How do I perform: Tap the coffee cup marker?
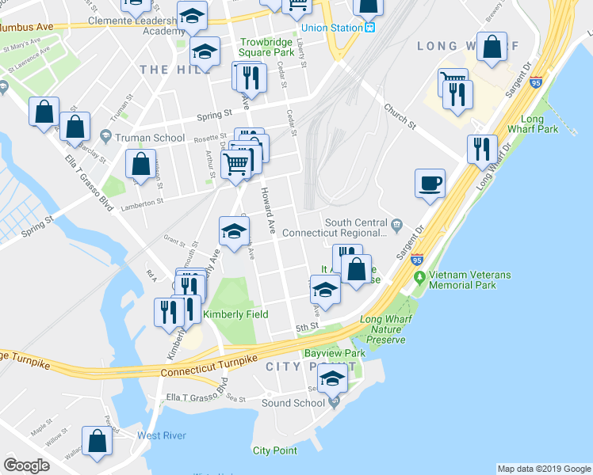coord(430,184)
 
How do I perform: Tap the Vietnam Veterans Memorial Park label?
coord(469,280)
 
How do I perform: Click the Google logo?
coord(26,465)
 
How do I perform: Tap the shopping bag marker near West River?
coord(97,444)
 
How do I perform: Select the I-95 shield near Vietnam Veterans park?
coord(417,259)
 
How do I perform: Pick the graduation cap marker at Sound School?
coord(334,380)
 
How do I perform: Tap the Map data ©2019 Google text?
coord(544,469)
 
